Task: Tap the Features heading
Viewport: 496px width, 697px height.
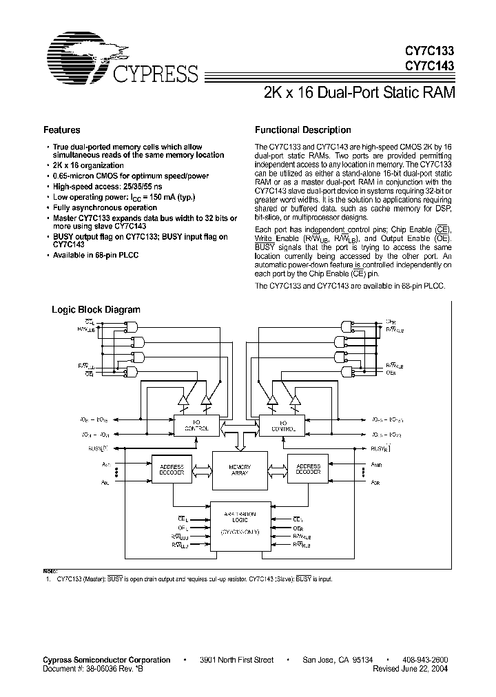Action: pyautogui.click(x=61, y=129)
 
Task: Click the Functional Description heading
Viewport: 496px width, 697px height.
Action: pyautogui.click(x=302, y=129)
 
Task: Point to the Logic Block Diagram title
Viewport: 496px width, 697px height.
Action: pyautogui.click(x=96, y=310)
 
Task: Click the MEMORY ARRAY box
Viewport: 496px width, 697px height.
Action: pyautogui.click(x=240, y=470)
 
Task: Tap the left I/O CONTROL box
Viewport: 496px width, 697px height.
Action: pyautogui.click(x=195, y=425)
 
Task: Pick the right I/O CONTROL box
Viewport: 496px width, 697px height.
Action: pyautogui.click(x=282, y=425)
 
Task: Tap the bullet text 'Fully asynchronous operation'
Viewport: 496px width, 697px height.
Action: pyautogui.click(x=105, y=207)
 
